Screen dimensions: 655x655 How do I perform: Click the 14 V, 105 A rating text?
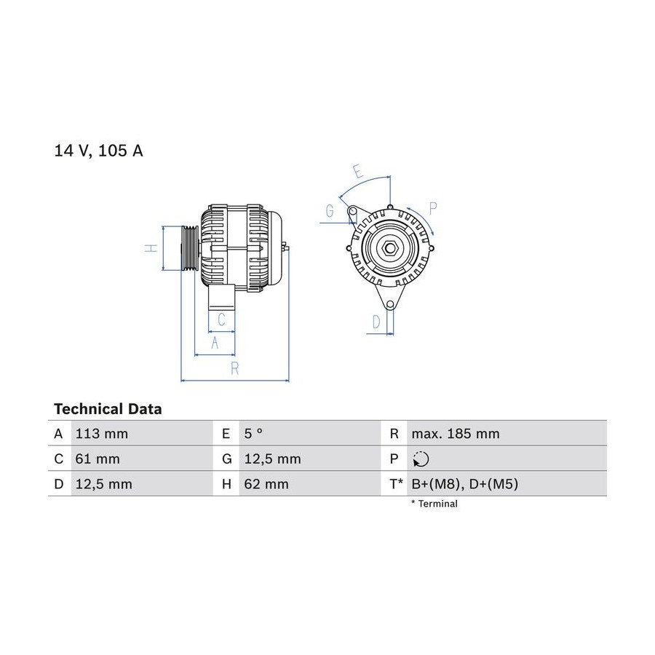click(98, 151)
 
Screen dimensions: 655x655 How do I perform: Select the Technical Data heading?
click(108, 409)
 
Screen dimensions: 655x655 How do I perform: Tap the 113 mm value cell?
click(101, 434)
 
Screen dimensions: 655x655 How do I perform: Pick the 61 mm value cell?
click(98, 459)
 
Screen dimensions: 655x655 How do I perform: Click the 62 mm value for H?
click(266, 484)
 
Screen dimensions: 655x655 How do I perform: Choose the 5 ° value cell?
click(253, 434)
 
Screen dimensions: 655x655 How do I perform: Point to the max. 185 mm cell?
click(456, 434)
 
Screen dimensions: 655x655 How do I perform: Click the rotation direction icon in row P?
click(421, 459)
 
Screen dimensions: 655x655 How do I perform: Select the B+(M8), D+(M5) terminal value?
click(464, 484)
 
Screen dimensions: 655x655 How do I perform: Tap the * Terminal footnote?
click(434, 504)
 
